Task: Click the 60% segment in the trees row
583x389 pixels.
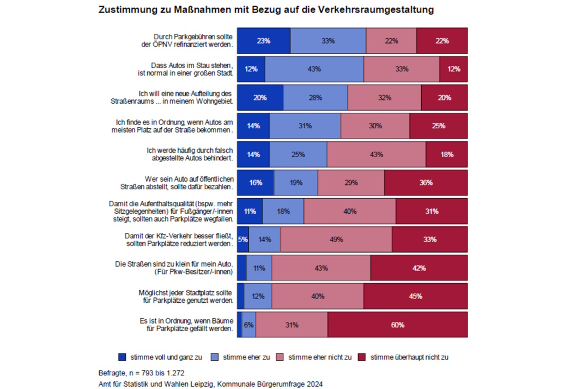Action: tap(397, 325)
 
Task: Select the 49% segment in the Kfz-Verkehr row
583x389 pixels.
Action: tap(336, 240)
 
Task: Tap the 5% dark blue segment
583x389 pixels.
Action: tap(243, 240)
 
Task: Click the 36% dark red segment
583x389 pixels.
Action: tap(426, 183)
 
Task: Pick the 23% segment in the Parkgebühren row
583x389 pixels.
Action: tap(264, 41)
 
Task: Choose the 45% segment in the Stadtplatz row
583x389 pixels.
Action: tap(415, 296)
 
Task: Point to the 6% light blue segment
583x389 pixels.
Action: tap(249, 325)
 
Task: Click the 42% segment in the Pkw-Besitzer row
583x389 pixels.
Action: tap(418, 268)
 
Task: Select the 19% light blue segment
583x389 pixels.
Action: tap(296, 183)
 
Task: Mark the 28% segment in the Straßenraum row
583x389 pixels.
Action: tap(315, 98)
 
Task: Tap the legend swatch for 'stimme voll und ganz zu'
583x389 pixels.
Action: tap(122, 357)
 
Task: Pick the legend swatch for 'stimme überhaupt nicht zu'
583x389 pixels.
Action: tap(362, 357)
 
